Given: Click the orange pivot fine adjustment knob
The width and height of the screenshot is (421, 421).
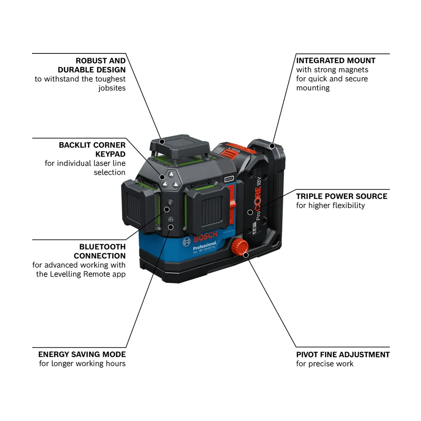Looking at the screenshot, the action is (240, 246).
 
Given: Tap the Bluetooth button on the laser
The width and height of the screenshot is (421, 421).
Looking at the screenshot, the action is (170, 203).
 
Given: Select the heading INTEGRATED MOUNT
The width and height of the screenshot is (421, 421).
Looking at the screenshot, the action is (336, 61).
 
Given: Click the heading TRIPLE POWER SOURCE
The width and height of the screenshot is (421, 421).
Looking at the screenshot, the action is (341, 196).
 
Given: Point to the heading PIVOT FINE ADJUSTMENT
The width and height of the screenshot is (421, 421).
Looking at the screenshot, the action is (343, 354).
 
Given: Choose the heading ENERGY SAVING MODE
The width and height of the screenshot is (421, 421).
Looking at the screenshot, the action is (82, 354).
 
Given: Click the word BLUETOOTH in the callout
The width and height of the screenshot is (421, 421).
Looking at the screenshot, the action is (102, 247).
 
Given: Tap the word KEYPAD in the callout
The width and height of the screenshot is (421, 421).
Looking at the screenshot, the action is (110, 154).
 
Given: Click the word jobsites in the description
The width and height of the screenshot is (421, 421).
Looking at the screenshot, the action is (112, 88).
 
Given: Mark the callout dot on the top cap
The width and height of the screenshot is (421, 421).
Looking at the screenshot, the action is (162, 141).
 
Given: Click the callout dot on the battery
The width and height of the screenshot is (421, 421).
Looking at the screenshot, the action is (250, 212).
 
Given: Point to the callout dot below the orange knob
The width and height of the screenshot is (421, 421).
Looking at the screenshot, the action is (246, 255).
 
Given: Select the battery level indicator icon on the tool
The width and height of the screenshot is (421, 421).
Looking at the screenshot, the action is (229, 179).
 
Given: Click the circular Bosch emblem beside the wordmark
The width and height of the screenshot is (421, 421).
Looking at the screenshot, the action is (187, 242).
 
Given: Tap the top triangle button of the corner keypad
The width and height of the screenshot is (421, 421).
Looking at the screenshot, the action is (171, 175).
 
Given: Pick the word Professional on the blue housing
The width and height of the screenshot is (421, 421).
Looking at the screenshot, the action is (205, 246).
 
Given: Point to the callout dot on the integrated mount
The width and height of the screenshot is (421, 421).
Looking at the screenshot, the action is (272, 146).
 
